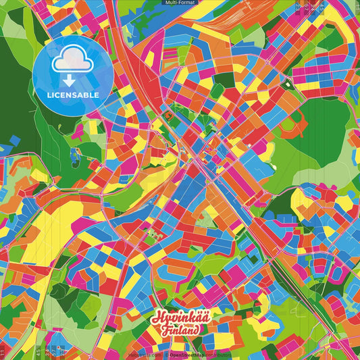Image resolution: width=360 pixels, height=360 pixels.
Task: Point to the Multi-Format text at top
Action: pyautogui.click(x=180, y=3)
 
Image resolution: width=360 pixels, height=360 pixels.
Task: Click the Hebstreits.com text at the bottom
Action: pyautogui.click(x=143, y=354)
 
